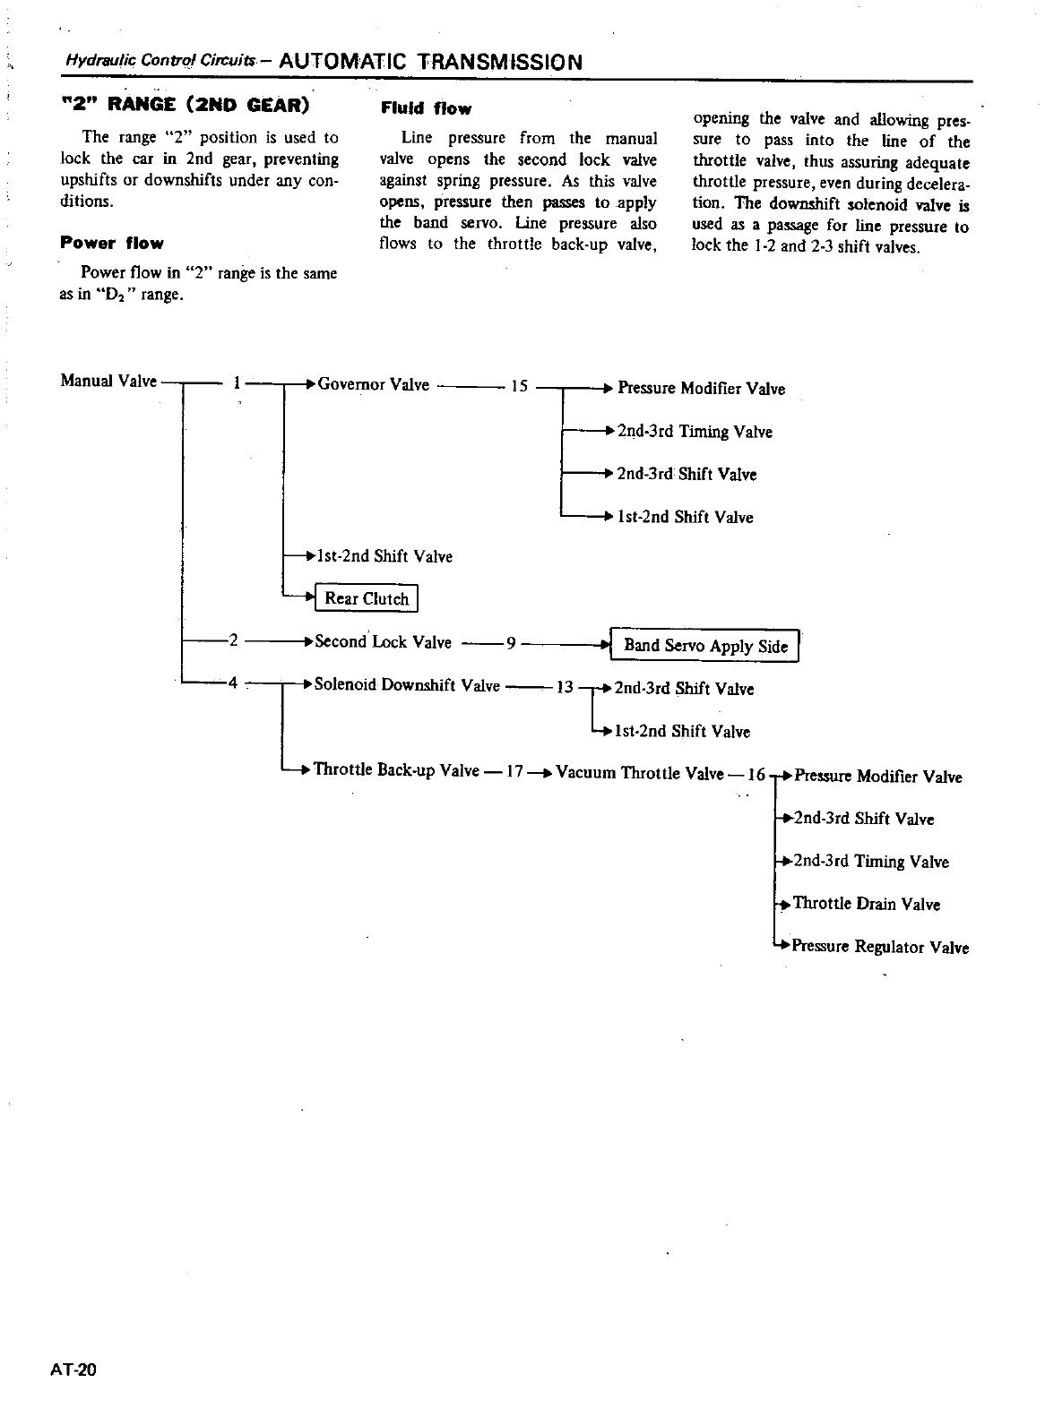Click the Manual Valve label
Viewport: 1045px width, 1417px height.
108,381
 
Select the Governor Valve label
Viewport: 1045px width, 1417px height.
374,385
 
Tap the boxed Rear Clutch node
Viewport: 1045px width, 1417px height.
367,598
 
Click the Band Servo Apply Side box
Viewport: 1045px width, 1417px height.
705,646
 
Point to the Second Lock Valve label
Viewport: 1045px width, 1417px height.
383,641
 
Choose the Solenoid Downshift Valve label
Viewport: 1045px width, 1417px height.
407,685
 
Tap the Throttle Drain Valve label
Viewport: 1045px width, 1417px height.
867,904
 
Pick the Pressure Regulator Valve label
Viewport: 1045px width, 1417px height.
880,947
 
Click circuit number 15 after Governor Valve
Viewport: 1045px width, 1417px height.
518,387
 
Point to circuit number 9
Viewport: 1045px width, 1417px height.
510,642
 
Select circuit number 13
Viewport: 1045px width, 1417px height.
565,688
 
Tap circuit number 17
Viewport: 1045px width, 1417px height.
514,771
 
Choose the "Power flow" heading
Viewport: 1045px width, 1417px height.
112,243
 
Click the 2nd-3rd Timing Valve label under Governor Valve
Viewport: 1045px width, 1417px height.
695,432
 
